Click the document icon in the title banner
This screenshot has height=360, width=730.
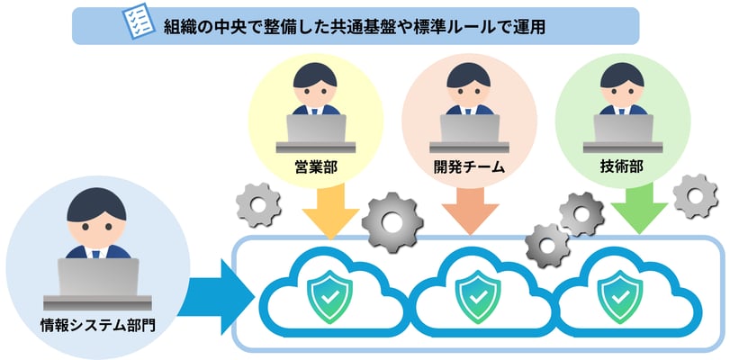point(138,26)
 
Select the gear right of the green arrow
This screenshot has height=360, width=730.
point(695,196)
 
